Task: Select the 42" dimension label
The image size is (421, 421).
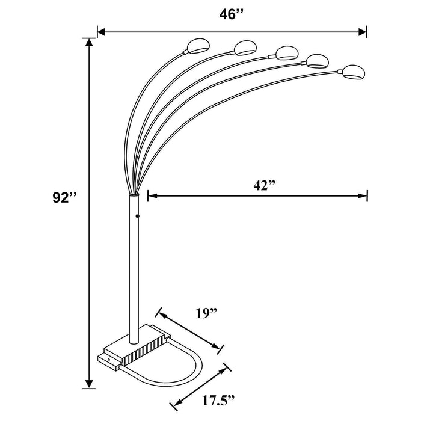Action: point(263,185)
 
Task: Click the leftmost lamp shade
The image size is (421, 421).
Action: point(196,44)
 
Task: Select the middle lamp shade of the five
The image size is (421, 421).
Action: point(286,52)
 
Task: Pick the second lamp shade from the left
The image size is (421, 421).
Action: point(243,46)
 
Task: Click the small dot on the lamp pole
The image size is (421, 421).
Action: point(138,215)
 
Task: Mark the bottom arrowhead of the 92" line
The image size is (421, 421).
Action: point(90,383)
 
